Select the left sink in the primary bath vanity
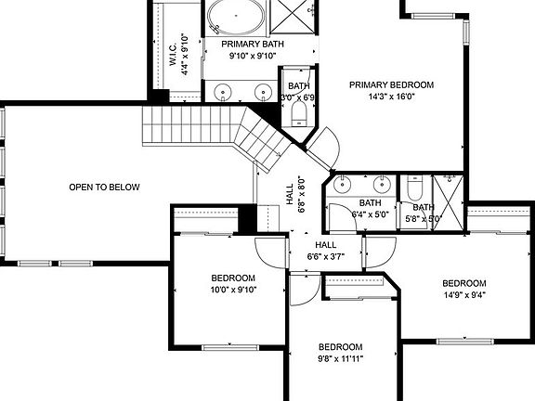pos(224,92)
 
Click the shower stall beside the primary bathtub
pos(298,17)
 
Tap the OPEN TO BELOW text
pos(104,188)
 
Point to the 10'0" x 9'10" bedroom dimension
pos(232,289)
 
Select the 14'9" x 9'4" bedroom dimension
pos(463,295)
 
